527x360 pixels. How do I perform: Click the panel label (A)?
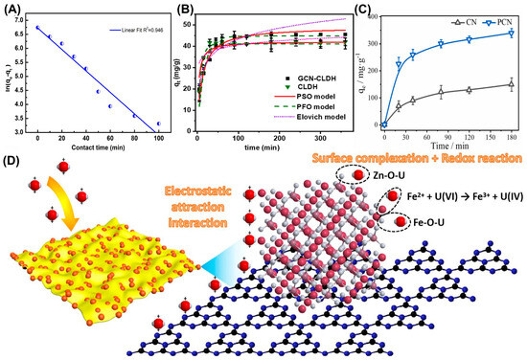tap(12, 11)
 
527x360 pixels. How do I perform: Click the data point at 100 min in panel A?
tap(158, 124)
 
